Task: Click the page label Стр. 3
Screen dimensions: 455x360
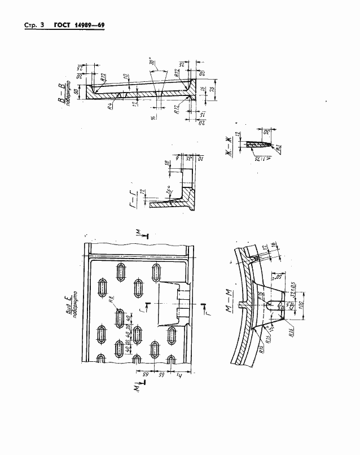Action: (x=34, y=26)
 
